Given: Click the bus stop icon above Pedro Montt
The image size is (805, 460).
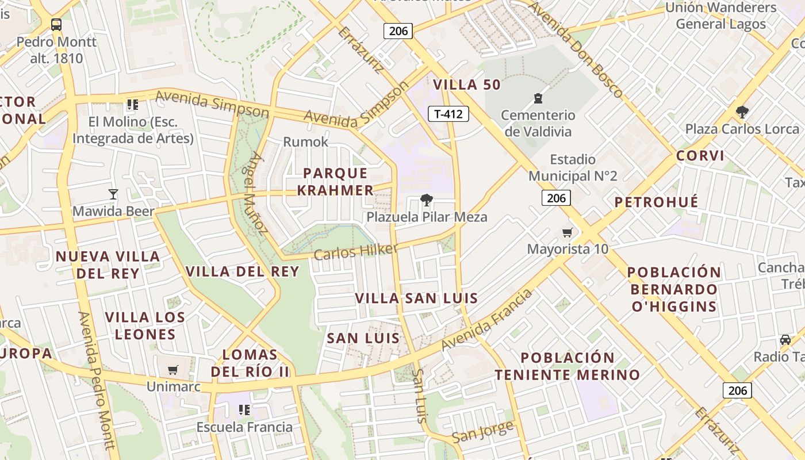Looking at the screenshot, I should [x=56, y=25].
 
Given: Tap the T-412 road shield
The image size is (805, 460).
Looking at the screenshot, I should [x=448, y=114].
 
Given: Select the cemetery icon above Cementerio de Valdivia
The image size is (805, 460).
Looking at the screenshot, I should [x=538, y=98].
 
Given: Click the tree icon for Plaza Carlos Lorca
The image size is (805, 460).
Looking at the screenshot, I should [x=742, y=112].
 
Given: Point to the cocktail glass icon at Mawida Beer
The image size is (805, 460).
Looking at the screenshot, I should [x=113, y=194].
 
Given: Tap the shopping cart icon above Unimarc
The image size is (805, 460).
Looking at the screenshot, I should [x=173, y=370].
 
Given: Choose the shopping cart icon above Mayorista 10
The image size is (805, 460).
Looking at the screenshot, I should [x=567, y=232].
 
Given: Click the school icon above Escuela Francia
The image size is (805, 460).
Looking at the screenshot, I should [x=244, y=410].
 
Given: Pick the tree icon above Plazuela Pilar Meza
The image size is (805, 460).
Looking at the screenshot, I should [x=426, y=200].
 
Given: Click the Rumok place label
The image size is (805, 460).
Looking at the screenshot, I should [x=306, y=142].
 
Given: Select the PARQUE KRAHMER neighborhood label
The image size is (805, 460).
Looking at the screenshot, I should [x=335, y=181].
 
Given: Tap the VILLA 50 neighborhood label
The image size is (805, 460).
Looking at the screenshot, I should [x=467, y=85].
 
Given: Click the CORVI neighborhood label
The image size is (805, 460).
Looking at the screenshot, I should [x=700, y=156].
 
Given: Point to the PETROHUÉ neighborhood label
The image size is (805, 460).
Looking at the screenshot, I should [x=656, y=202].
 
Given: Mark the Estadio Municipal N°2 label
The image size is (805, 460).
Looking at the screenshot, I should [x=573, y=167].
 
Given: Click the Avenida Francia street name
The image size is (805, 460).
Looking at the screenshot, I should [x=487, y=320].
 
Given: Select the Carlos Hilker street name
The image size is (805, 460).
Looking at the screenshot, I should [x=356, y=251].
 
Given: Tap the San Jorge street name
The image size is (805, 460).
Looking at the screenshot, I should [x=482, y=431].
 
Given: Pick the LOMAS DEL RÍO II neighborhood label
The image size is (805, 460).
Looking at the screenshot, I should [x=250, y=363].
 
